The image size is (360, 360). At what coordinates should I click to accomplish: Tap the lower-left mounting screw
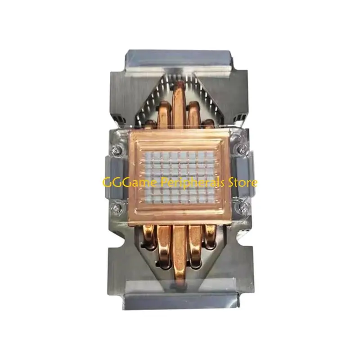(117, 208)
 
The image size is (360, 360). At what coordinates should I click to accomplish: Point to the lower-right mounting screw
(243, 207)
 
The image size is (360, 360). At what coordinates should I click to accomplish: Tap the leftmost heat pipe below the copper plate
(149, 237)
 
